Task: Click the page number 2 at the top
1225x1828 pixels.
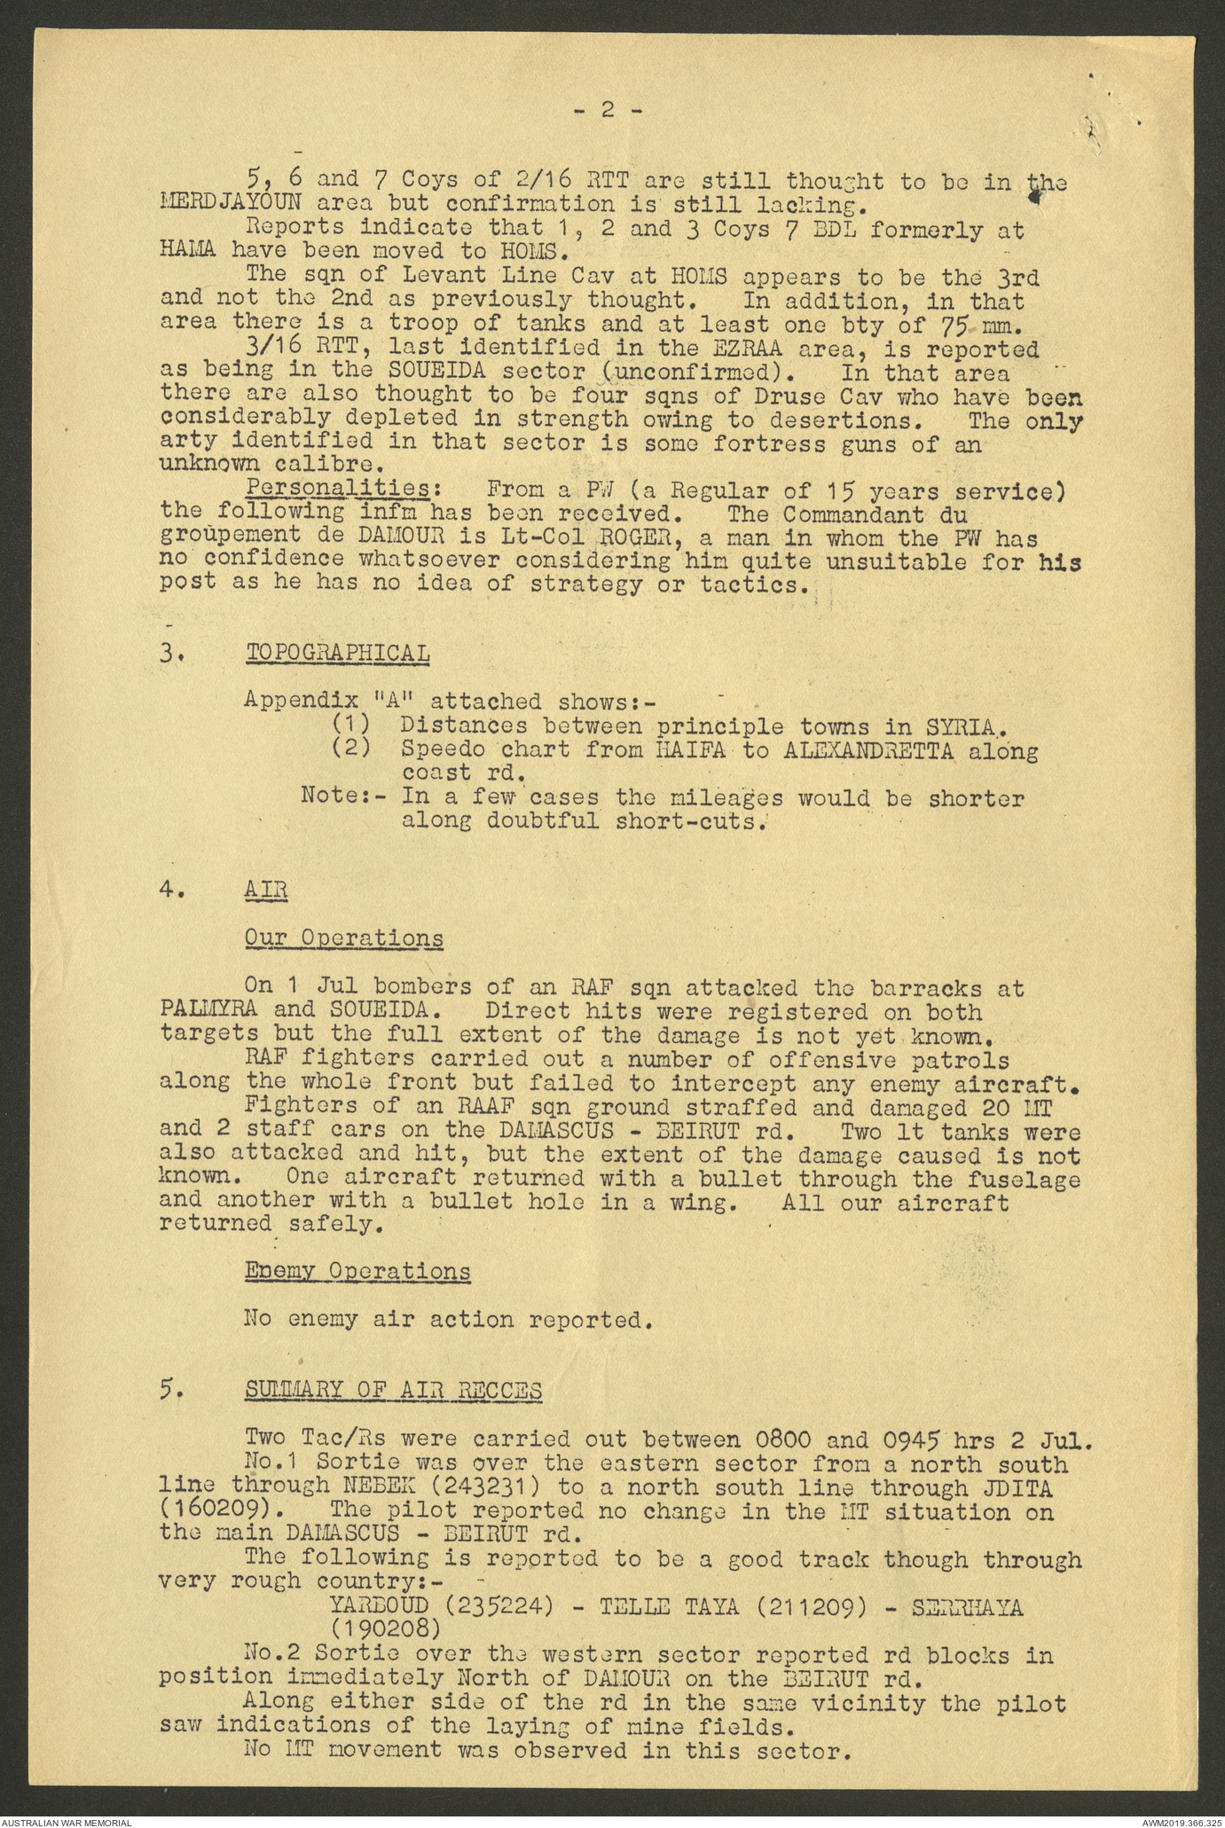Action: click(x=608, y=110)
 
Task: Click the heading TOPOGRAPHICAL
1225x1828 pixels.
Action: click(x=337, y=653)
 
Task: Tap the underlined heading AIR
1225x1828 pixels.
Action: click(x=266, y=890)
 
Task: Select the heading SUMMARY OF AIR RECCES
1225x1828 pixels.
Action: click(x=393, y=1390)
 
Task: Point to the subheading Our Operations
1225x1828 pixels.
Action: click(x=344, y=938)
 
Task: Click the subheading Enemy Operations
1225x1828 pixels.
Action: click(x=357, y=1270)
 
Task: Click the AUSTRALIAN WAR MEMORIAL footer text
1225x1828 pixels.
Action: click(x=67, y=1822)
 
